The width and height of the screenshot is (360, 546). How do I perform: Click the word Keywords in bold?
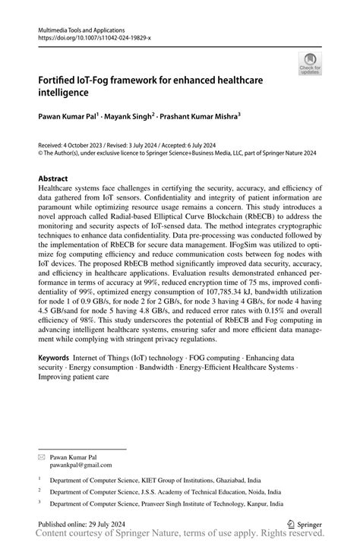(x=56, y=356)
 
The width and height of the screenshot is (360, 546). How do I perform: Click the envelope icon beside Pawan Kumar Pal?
(x=42, y=457)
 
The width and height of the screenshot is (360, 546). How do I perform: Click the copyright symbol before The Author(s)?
(x=40, y=151)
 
